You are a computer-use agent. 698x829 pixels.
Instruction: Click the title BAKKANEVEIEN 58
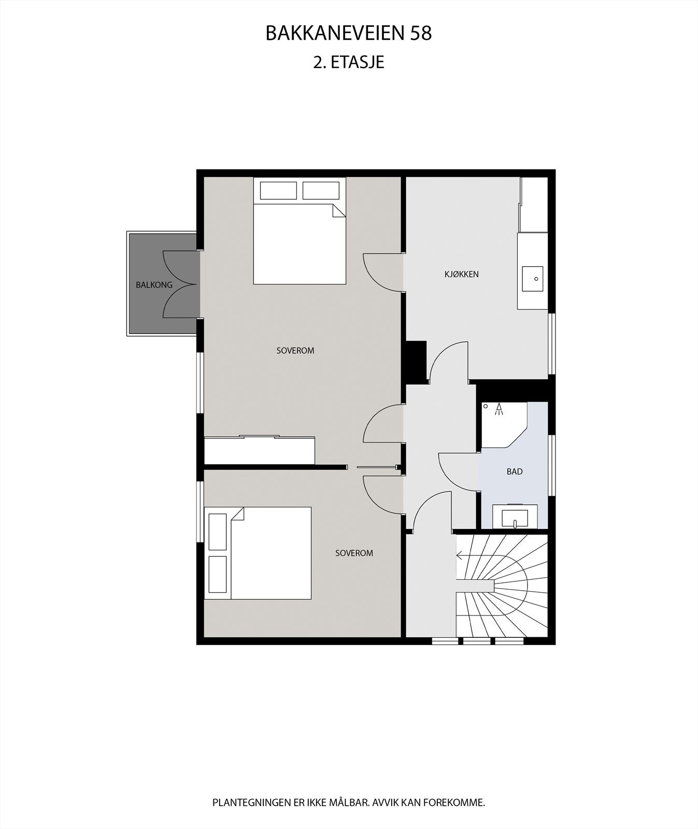[348, 34]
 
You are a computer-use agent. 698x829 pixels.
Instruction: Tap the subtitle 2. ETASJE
[348, 63]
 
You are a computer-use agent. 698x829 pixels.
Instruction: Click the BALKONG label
[154, 285]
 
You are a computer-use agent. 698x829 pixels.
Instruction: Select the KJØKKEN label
[461, 274]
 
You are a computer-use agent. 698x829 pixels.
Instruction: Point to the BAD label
[515, 471]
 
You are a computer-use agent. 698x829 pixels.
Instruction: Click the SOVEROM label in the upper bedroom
[295, 351]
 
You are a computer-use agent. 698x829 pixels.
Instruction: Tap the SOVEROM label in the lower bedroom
[354, 553]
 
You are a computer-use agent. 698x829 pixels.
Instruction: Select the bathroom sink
[515, 518]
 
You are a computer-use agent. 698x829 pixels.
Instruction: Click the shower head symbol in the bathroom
[499, 409]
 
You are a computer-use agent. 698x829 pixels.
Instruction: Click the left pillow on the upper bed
[278, 190]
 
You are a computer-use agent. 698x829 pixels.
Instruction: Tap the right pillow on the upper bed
[320, 190]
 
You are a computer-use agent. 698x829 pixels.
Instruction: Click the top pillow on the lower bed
[218, 532]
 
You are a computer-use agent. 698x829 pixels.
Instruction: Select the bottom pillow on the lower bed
[218, 574]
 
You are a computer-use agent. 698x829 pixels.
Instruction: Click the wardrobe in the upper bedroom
[259, 450]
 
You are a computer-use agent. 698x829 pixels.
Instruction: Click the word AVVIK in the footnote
[386, 803]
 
